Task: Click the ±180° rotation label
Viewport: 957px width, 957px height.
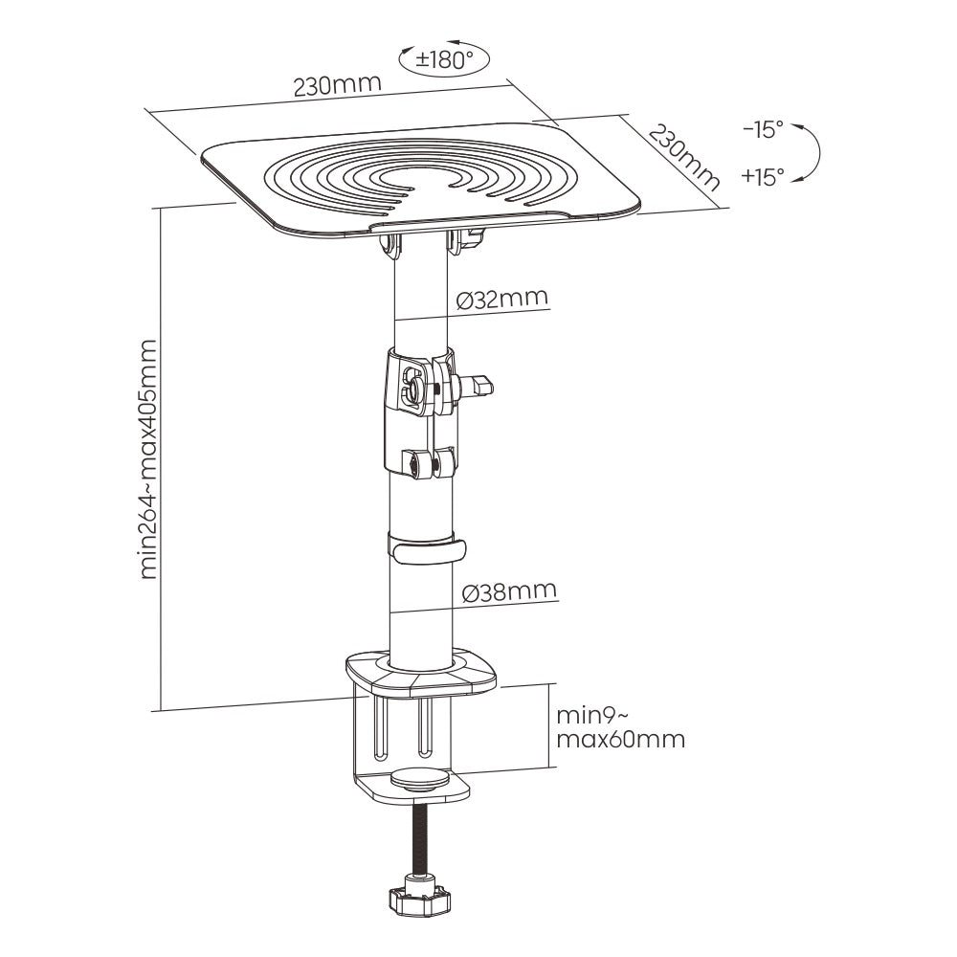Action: click(x=444, y=60)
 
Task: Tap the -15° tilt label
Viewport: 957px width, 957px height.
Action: click(x=763, y=129)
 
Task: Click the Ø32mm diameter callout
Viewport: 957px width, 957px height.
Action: click(x=501, y=299)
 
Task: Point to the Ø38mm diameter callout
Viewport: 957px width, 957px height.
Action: click(x=510, y=590)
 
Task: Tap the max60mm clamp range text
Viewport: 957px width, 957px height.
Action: click(x=621, y=739)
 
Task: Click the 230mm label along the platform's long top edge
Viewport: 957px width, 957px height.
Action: click(x=338, y=84)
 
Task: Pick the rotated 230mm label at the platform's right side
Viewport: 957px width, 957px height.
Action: click(x=684, y=157)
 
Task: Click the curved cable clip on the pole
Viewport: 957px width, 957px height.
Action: click(x=426, y=549)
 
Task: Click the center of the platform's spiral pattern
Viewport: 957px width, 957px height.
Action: click(x=420, y=178)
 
